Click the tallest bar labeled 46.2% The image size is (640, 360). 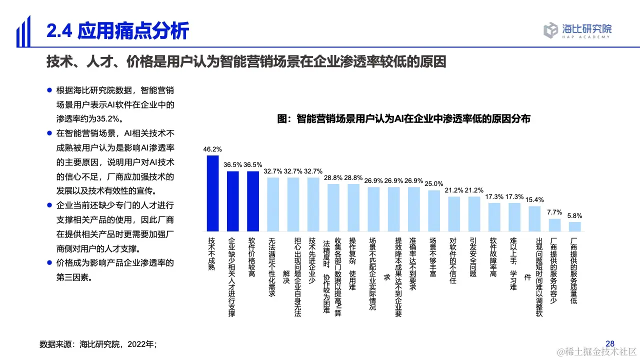[x=212, y=193]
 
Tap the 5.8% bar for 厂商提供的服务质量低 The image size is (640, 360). [x=575, y=226]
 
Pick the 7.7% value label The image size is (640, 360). [x=555, y=212]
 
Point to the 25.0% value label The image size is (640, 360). [x=434, y=183]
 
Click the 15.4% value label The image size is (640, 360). [x=535, y=199]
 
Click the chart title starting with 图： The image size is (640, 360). [x=403, y=119]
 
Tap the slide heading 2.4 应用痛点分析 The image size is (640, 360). [x=118, y=31]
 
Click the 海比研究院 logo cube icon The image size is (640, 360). [x=550, y=30]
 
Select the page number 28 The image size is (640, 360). [x=609, y=343]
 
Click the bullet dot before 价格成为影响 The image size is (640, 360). [x=49, y=262]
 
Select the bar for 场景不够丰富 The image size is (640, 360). [x=434, y=210]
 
